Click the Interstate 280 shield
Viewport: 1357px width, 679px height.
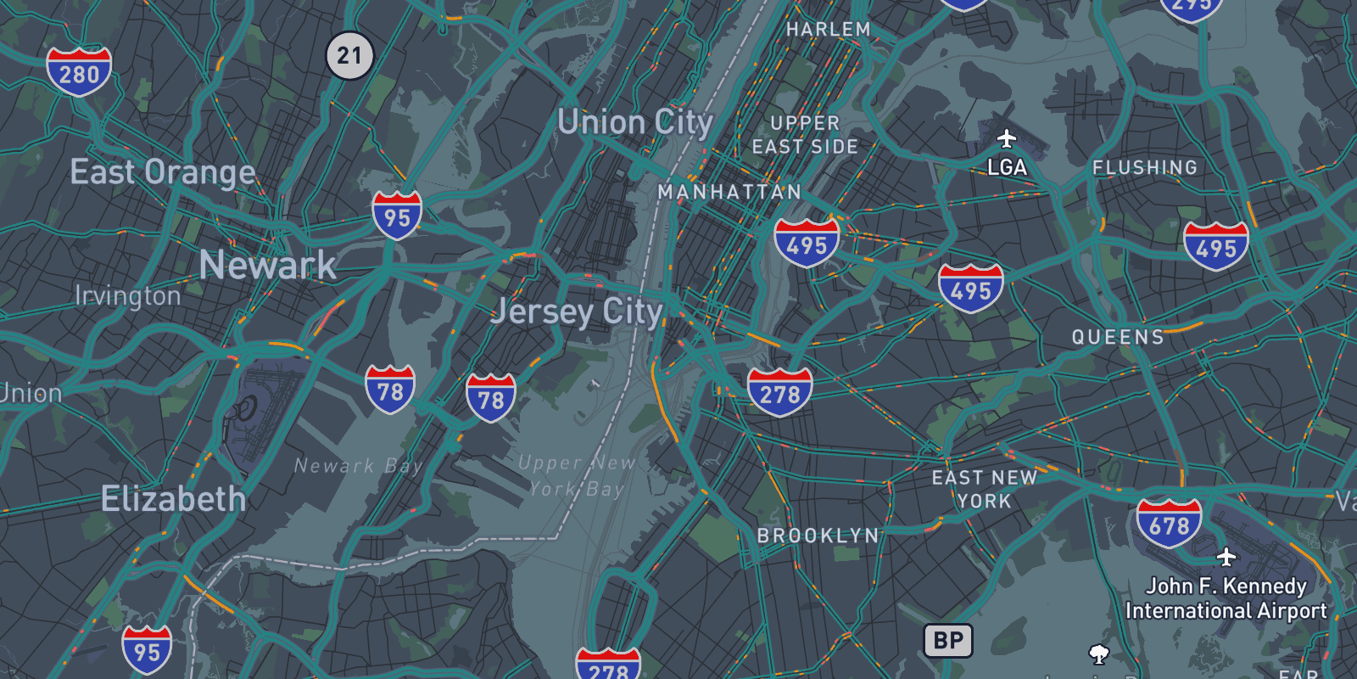(x=79, y=72)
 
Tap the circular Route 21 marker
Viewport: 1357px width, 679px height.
(x=349, y=56)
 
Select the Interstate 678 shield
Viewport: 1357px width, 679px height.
(x=1169, y=524)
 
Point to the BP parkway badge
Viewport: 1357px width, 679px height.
(x=948, y=641)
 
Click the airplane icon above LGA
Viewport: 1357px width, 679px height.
(x=1007, y=138)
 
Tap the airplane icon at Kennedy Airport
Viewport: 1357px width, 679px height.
(x=1226, y=557)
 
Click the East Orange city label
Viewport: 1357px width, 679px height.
(x=163, y=172)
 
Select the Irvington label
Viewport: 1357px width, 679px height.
(x=128, y=295)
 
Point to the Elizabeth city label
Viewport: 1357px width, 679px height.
(x=174, y=498)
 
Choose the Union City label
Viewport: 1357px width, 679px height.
(x=635, y=123)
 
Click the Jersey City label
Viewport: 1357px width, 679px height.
(x=578, y=311)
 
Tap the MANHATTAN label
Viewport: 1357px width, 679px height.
(x=729, y=193)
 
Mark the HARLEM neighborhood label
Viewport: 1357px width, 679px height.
(x=828, y=30)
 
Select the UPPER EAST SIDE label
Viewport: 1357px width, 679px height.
(x=805, y=135)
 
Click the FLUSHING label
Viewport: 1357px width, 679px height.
(x=1145, y=168)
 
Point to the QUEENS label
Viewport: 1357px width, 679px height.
(x=1118, y=337)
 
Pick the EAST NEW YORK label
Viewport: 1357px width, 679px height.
(x=985, y=490)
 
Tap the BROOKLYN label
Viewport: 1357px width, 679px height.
(x=818, y=536)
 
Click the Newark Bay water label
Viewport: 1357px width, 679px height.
(x=358, y=466)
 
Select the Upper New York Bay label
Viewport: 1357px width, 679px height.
(x=577, y=475)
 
